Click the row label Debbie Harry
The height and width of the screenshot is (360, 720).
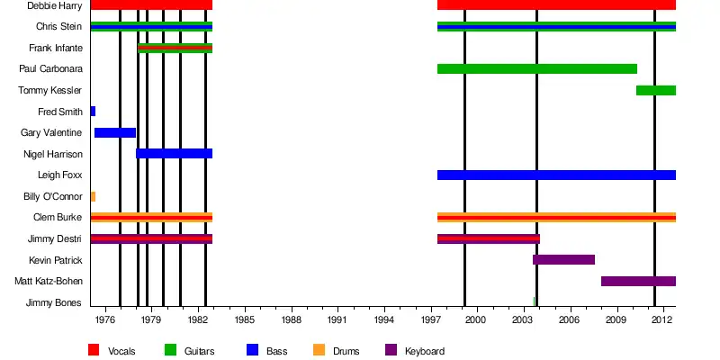[x=54, y=5]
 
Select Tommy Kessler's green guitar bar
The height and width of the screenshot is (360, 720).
[x=655, y=90]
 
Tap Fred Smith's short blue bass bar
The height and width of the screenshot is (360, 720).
[x=93, y=112]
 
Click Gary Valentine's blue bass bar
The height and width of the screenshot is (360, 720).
[x=115, y=132]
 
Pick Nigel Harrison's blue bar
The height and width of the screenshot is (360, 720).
[x=174, y=154]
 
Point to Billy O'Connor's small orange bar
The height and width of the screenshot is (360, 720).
[x=93, y=196]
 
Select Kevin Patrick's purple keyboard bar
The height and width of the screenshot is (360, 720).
[x=563, y=260]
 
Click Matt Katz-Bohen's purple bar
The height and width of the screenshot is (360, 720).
[x=638, y=281]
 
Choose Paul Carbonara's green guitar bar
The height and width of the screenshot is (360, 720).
[x=536, y=69]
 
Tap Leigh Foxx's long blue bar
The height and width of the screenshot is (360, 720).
[x=556, y=175]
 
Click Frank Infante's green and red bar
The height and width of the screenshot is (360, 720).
[x=175, y=48]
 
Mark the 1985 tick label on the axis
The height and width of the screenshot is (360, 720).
[x=245, y=319]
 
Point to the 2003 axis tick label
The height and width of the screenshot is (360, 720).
[x=523, y=319]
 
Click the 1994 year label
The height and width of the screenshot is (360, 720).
[x=384, y=319]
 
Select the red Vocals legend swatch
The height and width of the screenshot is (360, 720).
[x=94, y=350]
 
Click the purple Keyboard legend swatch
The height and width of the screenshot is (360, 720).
[x=391, y=350]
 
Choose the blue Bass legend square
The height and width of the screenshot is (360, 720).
[x=252, y=350]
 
